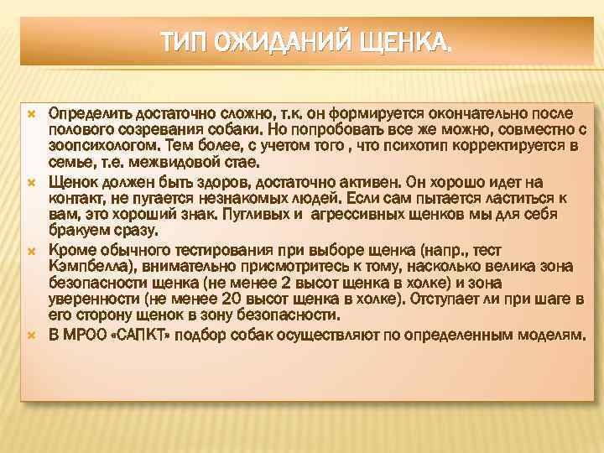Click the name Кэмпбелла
pos(84,266)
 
